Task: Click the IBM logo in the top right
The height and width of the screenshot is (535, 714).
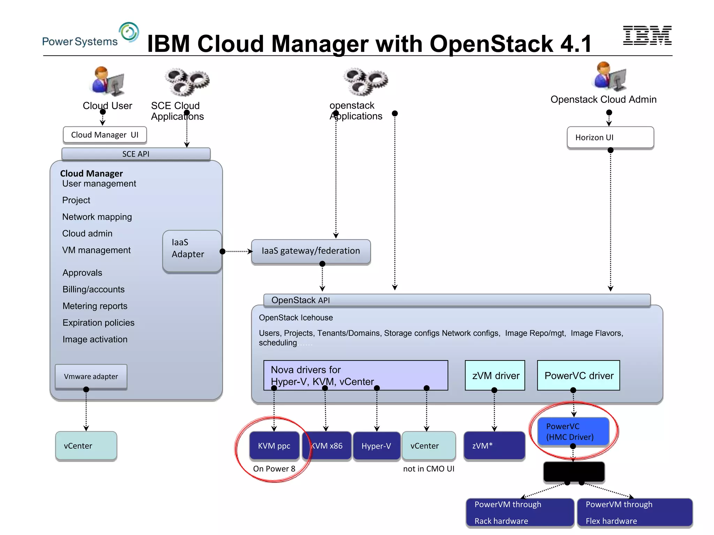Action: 647,35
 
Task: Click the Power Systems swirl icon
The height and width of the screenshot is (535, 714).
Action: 129,32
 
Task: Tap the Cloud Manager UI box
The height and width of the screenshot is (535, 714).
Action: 105,135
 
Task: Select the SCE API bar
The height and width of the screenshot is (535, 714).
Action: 136,154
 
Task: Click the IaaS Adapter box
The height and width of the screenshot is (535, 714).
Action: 192,251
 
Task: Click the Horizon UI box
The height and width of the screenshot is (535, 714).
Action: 610,138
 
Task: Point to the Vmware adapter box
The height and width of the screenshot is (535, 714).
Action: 91,377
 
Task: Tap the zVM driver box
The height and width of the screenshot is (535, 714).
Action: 495,375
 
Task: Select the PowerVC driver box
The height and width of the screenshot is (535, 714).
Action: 578,375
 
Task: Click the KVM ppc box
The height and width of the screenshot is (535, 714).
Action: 274,446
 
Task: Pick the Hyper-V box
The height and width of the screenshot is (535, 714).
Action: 376,446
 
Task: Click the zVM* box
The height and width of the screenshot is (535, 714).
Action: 494,446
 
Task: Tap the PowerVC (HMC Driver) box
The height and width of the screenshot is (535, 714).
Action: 573,432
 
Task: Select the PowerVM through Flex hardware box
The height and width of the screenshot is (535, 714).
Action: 635,512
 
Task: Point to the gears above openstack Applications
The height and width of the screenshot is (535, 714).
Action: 365,82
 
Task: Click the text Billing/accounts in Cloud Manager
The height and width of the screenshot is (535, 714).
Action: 93,289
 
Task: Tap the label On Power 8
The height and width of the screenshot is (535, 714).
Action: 274,469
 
